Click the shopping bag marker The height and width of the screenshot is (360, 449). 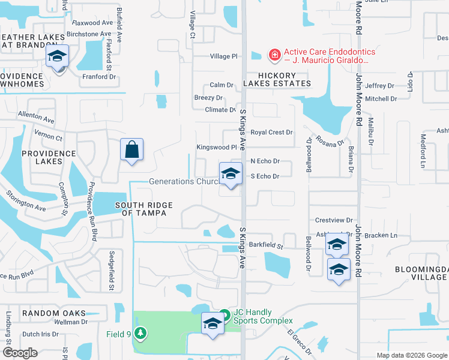(x=132, y=150)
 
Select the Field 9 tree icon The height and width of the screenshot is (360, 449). (x=141, y=332)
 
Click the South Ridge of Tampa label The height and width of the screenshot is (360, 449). (x=144, y=209)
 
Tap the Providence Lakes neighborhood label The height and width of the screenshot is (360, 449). (x=49, y=157)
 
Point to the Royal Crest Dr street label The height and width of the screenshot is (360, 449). (x=271, y=132)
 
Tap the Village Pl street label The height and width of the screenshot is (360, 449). (x=223, y=56)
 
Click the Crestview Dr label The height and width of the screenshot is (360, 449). (x=333, y=221)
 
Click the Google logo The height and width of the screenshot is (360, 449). (x=20, y=353)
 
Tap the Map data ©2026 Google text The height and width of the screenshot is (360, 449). (x=411, y=355)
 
